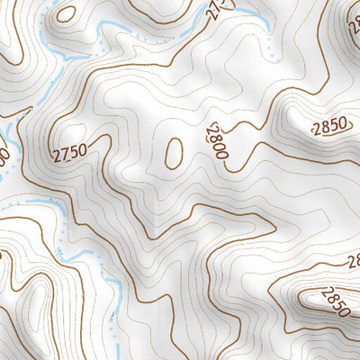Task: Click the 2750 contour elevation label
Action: tap(69, 152)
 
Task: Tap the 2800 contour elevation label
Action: tap(217, 142)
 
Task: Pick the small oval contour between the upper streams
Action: tap(66, 13)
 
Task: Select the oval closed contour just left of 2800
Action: tap(174, 152)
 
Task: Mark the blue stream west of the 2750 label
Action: tap(11, 144)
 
